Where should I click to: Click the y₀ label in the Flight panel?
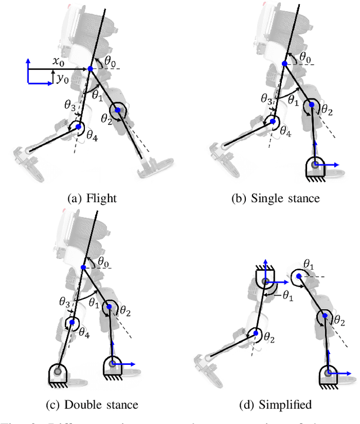[62, 79]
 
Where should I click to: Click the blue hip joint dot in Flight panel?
[90, 69]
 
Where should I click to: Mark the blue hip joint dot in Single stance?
[285, 64]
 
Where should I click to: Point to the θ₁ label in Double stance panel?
[94, 302]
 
